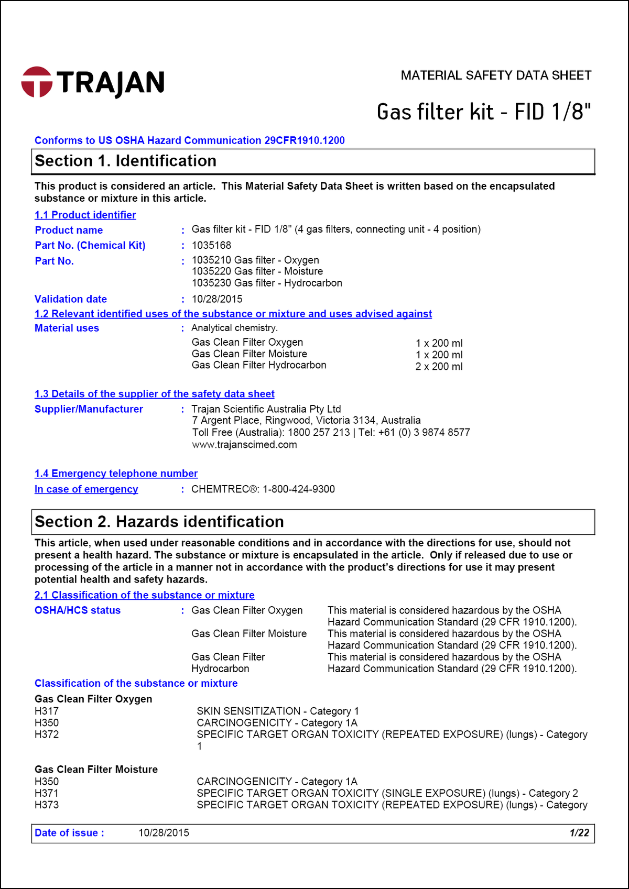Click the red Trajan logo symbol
[x=37, y=82]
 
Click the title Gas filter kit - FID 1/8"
[x=483, y=112]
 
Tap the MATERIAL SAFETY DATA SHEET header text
[x=496, y=75]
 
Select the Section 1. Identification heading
[x=125, y=161]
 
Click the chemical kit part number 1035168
[x=211, y=245]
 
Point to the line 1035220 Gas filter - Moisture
[x=257, y=271]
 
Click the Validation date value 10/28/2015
[x=217, y=299]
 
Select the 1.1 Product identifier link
[x=85, y=215]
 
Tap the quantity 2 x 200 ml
[x=439, y=367]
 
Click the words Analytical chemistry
[x=234, y=328]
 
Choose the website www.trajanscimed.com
[x=244, y=445]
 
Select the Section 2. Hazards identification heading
[x=159, y=522]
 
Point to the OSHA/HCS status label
[x=78, y=610]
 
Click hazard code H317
[x=47, y=711]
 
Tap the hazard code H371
[x=47, y=793]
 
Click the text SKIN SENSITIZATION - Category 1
[x=278, y=711]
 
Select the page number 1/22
[x=579, y=833]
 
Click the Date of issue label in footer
[x=69, y=833]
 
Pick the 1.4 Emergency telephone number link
[x=116, y=474]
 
